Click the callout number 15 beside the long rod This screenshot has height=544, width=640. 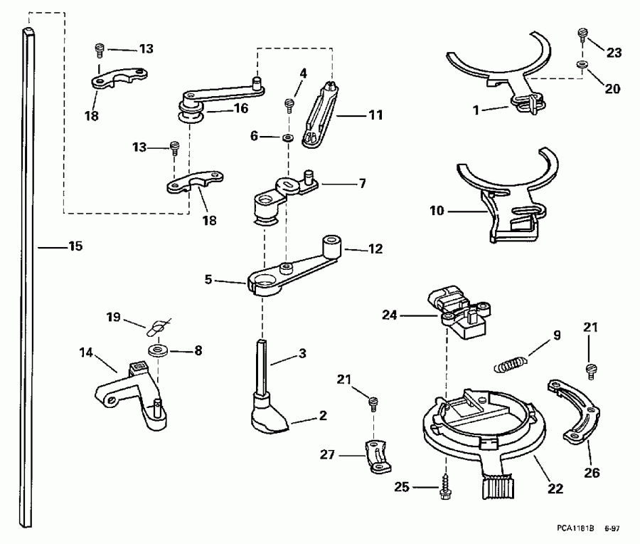[x=75, y=246]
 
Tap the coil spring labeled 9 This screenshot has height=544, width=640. [x=510, y=363]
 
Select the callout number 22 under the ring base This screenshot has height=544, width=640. [x=556, y=489]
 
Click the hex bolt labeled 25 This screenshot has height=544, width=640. [x=446, y=487]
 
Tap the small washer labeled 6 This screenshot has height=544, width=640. [x=288, y=135]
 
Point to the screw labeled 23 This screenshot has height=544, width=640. [x=582, y=33]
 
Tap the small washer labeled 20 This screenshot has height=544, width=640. [x=582, y=66]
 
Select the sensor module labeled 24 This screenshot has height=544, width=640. [x=459, y=310]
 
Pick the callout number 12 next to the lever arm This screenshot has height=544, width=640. [x=375, y=249]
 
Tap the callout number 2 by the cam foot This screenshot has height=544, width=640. [x=323, y=414]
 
